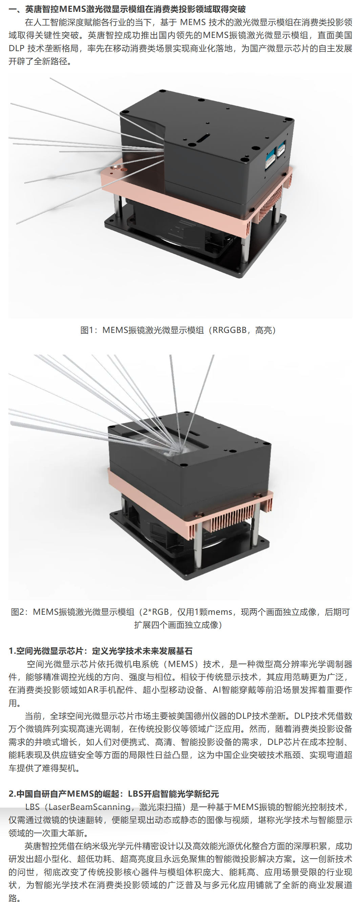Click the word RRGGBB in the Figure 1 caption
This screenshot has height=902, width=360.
[229, 330]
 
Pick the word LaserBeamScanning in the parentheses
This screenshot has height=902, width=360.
[89, 807]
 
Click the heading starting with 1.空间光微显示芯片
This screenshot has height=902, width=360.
[101, 651]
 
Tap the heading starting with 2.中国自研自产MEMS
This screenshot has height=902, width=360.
[113, 794]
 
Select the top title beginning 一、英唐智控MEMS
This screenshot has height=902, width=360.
[127, 9]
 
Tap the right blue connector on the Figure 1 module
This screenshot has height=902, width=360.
[281, 148]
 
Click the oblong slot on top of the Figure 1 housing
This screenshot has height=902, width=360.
[203, 137]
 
